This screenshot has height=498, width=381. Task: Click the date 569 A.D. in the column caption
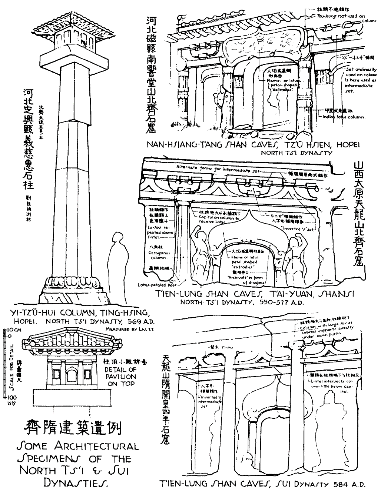141,321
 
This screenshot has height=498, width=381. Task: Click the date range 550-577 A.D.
282,302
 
